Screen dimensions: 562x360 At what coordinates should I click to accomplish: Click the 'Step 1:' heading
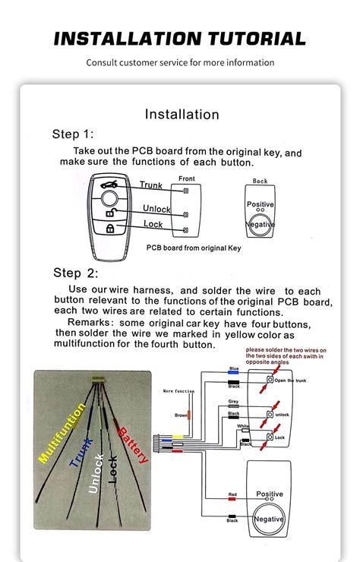(x=73, y=134)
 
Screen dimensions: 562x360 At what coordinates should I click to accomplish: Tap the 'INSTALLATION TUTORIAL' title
(x=180, y=39)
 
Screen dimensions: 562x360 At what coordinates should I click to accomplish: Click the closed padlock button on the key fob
(x=110, y=228)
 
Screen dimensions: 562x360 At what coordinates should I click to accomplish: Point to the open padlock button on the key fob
(x=110, y=213)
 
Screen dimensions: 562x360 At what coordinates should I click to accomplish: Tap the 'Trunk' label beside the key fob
(x=150, y=185)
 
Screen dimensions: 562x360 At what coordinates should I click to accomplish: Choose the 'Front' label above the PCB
(x=186, y=178)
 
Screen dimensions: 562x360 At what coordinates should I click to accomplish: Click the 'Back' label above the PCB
(x=261, y=182)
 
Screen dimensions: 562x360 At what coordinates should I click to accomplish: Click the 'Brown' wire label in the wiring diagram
(x=180, y=415)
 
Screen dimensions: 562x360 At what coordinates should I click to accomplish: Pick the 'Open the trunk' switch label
(x=289, y=380)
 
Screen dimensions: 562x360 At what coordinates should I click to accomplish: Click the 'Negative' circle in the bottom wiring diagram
(x=269, y=519)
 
